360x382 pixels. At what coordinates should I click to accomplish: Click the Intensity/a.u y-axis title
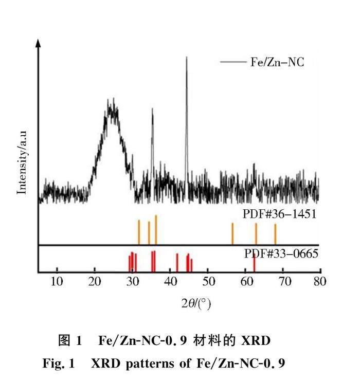[x=22, y=161]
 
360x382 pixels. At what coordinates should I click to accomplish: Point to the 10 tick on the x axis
[x=57, y=281]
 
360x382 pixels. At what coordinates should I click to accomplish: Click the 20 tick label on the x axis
[x=95, y=281]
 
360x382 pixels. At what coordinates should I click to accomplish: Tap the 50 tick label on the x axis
[x=208, y=281]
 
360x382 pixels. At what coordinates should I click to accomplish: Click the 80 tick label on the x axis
[x=320, y=281]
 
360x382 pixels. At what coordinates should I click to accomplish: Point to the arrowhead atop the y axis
[x=38, y=43]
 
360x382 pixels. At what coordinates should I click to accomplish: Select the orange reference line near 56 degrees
[x=232, y=233]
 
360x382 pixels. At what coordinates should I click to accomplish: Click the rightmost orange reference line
[x=275, y=234]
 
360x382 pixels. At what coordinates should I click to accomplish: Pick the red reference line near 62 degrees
[x=254, y=262]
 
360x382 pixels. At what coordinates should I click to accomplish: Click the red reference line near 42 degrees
[x=177, y=262]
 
